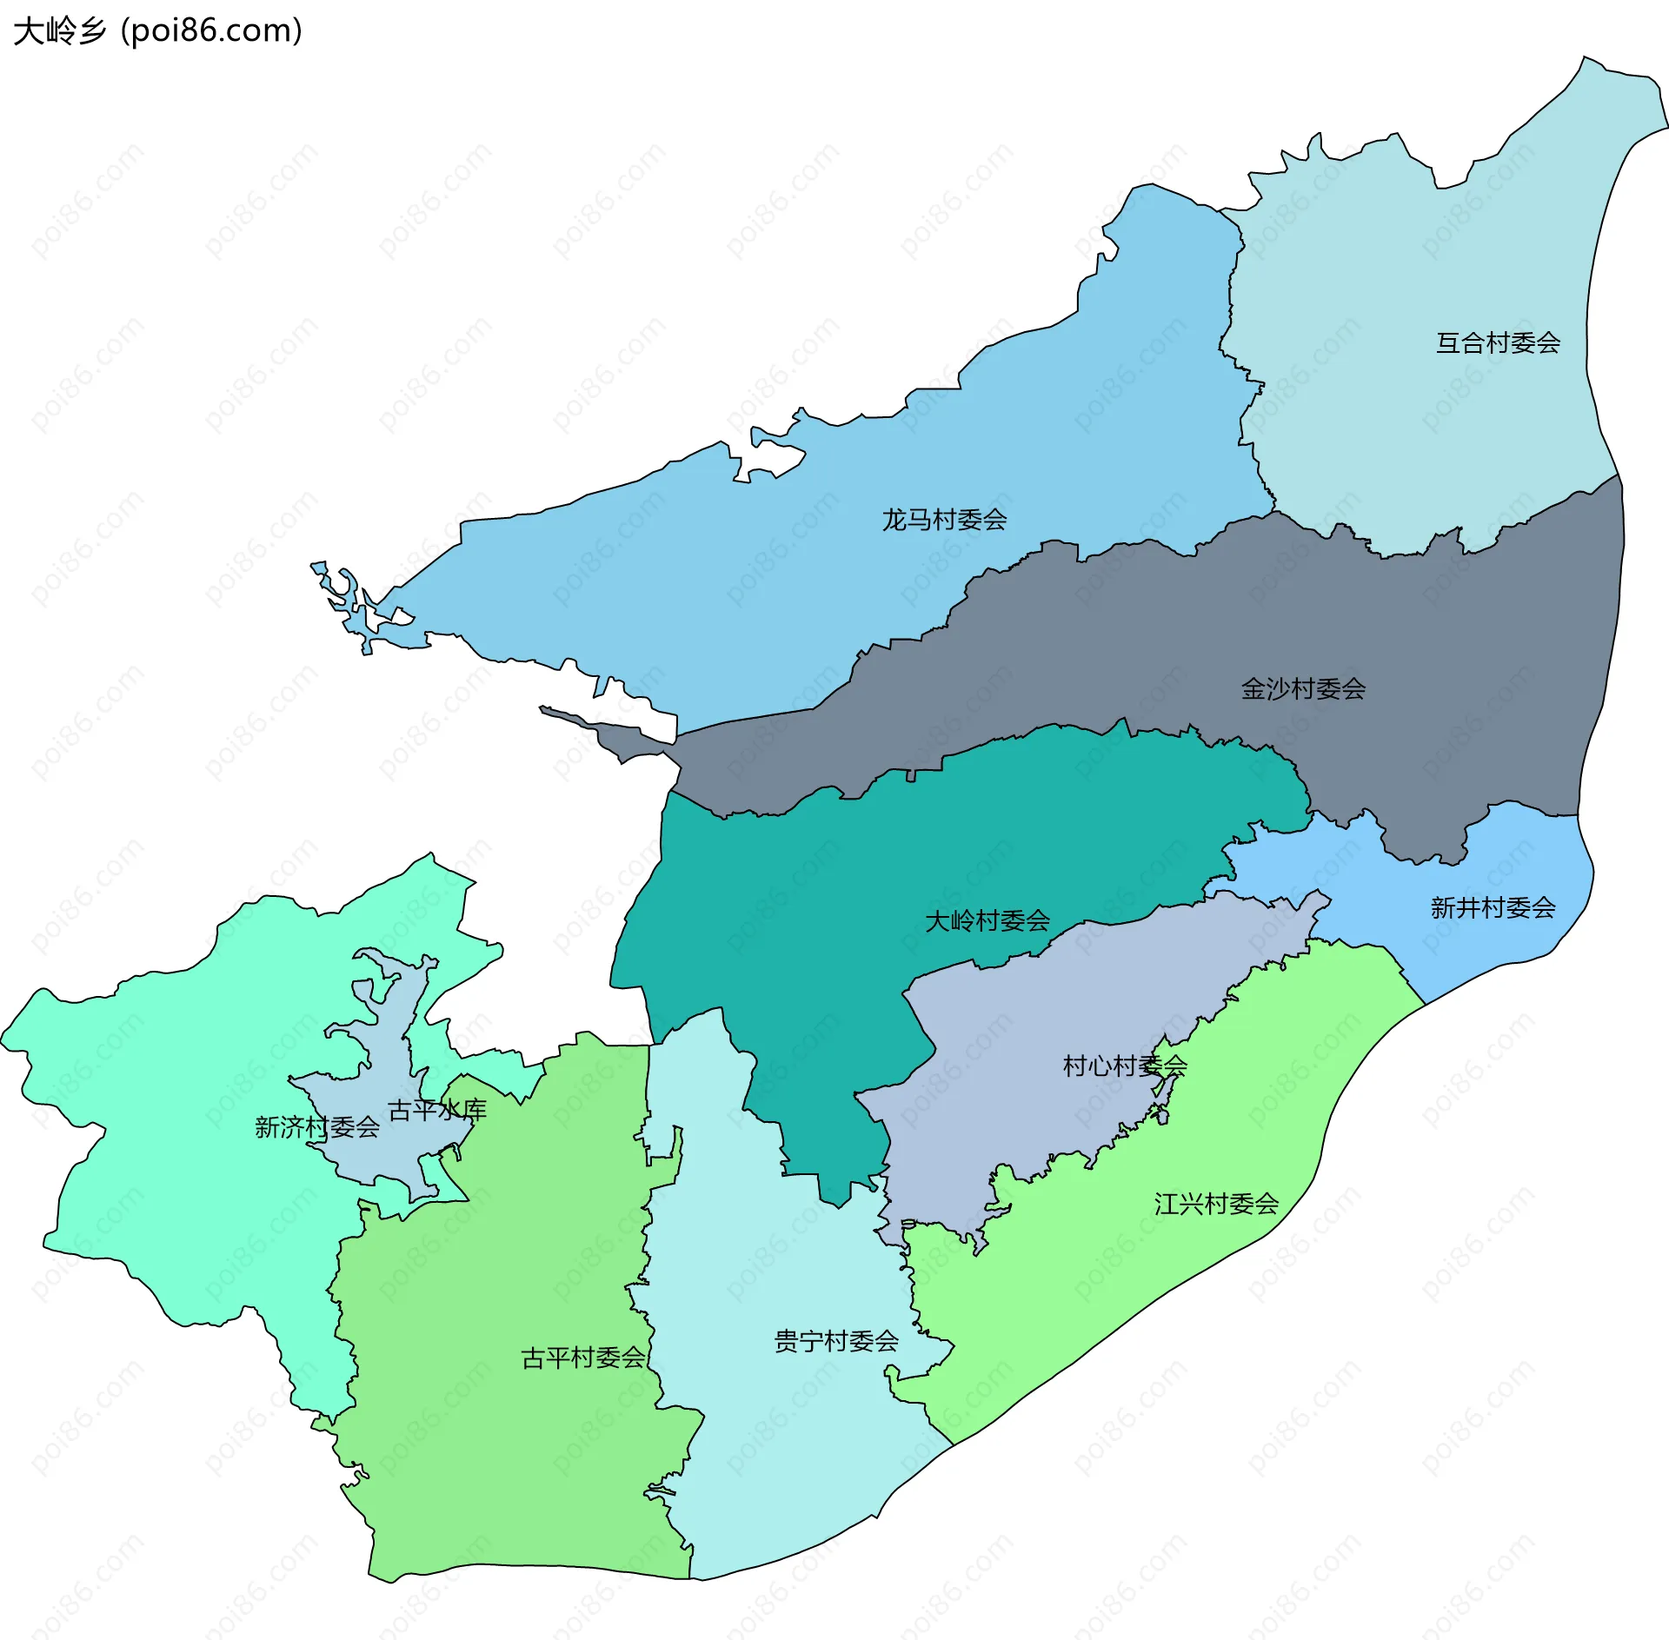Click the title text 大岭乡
59,31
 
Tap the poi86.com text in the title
211,31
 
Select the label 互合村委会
1497,343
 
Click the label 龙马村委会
944,520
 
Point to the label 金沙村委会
1302,689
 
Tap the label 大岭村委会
987,921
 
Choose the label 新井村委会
1493,908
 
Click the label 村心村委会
1124,1066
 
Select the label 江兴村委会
1216,1204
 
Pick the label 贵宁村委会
835,1341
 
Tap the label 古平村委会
582,1358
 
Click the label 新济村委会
316,1127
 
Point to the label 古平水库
436,1110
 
